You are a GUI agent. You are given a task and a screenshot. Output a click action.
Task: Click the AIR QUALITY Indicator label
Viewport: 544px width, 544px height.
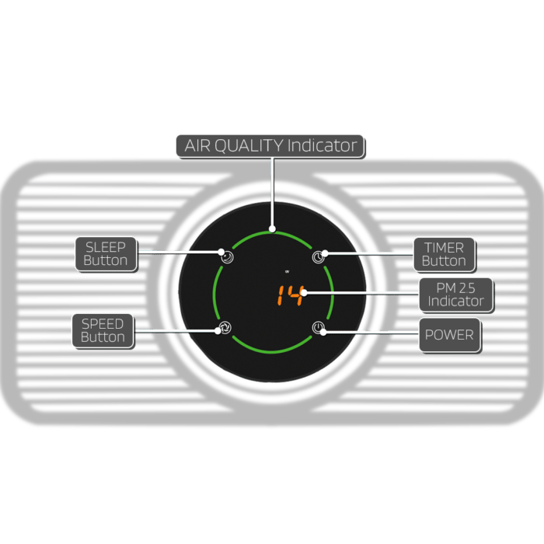click(270, 146)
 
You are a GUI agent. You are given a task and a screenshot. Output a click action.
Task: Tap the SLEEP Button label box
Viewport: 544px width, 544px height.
click(106, 254)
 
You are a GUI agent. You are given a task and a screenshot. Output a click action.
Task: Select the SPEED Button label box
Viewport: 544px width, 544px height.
click(103, 331)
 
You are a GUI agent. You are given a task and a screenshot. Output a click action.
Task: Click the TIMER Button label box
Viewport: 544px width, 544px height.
click(444, 255)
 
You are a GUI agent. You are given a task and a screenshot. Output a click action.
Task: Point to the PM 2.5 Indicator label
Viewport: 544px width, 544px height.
click(456, 295)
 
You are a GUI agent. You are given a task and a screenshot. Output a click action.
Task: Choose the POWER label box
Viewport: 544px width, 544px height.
click(450, 335)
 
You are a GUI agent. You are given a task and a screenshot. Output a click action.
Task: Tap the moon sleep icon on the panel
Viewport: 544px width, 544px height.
click(227, 257)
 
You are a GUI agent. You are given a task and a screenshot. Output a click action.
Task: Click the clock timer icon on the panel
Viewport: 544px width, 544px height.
click(318, 257)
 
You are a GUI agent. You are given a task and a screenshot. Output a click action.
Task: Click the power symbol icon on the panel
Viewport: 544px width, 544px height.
click(318, 327)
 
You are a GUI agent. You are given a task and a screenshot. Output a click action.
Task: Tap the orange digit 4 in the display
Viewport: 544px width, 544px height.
click(295, 295)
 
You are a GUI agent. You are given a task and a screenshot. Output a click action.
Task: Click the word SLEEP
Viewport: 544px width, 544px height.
click(106, 247)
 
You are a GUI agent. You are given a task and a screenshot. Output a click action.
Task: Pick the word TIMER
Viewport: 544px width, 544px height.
click(444, 248)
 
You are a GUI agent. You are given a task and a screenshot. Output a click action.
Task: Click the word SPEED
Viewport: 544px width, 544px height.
click(103, 324)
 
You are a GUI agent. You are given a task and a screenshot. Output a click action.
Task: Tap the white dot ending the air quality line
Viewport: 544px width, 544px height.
click(272, 229)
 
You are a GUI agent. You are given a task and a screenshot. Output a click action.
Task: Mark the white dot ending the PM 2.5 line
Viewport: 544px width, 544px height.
click(304, 293)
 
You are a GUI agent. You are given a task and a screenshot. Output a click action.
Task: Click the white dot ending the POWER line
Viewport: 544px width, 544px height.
click(323, 333)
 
